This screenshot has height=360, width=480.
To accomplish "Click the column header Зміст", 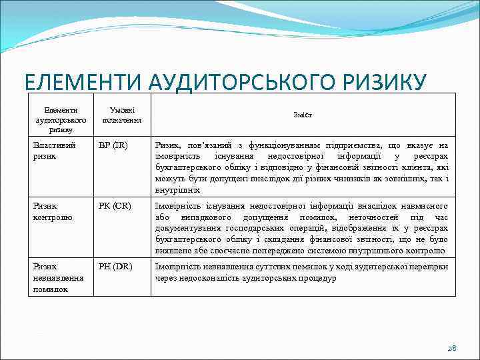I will point(302,115).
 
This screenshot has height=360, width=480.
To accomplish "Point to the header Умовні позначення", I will point(121,115).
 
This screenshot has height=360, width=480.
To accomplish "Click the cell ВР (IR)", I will point(113,145).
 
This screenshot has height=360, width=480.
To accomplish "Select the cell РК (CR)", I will point(114,206).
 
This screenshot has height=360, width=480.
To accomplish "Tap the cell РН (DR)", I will point(115,267).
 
